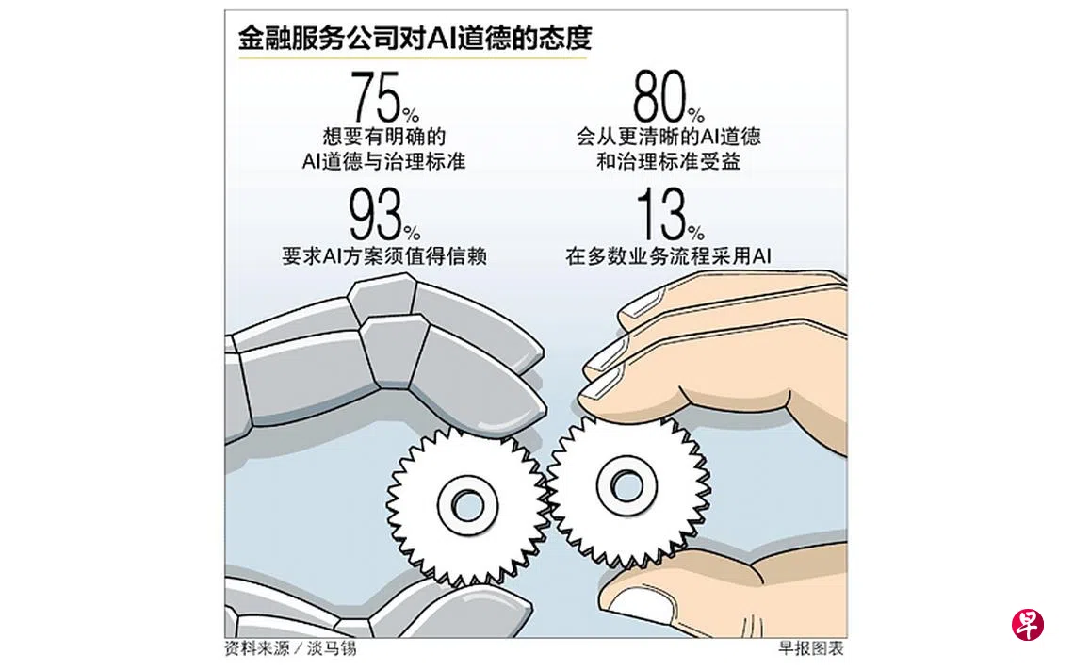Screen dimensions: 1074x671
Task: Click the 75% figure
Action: click(x=385, y=97)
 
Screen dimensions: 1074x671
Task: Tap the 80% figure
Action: click(x=668, y=97)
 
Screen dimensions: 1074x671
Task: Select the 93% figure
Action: click(x=385, y=215)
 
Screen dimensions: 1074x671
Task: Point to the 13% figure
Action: click(x=670, y=215)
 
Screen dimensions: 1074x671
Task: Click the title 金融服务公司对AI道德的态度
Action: click(x=415, y=39)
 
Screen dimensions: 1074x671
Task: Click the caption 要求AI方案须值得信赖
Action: click(x=384, y=256)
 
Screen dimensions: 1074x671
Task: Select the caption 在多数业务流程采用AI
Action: click(x=669, y=256)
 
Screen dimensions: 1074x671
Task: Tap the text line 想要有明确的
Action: click(x=384, y=137)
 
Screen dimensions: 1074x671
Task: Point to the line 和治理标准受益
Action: click(x=669, y=162)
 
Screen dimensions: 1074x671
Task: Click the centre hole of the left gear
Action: click(x=468, y=506)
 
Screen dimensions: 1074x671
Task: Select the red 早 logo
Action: click(x=1028, y=625)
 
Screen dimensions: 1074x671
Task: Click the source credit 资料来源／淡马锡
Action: click(x=290, y=648)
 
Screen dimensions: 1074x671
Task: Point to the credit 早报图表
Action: click(x=811, y=648)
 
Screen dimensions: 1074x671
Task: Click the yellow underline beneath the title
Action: click(x=413, y=57)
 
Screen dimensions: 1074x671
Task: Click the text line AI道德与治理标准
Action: click(x=384, y=162)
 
